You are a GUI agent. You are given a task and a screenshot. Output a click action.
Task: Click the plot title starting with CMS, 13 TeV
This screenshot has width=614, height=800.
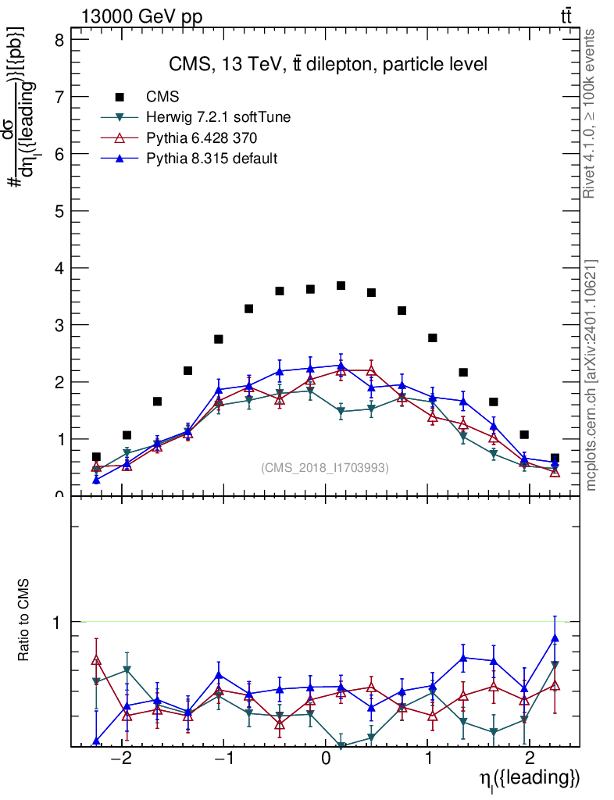pos(328,65)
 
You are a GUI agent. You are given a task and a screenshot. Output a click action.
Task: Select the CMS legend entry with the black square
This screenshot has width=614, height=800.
pos(163,97)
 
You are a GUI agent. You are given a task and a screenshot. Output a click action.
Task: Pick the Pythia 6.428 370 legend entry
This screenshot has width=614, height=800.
pos(202,138)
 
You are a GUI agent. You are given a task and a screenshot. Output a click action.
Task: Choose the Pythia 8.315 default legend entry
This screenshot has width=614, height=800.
pos(212,159)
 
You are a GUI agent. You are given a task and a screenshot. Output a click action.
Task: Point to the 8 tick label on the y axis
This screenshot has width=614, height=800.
pos(58,40)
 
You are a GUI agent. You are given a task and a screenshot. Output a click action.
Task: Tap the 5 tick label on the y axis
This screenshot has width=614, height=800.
pos(58,211)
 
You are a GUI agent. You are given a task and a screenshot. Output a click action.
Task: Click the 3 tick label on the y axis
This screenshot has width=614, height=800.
pos(58,325)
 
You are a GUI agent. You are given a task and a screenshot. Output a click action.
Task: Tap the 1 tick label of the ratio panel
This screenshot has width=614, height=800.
pos(58,623)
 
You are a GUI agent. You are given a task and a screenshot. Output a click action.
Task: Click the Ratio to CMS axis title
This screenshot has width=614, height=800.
pos(25,622)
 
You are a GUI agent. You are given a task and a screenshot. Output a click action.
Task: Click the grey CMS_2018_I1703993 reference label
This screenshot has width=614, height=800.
pos(324,467)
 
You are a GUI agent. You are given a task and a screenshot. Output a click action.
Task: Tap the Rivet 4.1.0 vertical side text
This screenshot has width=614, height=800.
pos(590,113)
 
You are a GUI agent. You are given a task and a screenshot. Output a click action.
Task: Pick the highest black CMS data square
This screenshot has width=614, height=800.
pos(341,286)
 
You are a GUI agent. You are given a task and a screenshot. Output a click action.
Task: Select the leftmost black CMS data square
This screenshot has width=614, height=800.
pos(96,457)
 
